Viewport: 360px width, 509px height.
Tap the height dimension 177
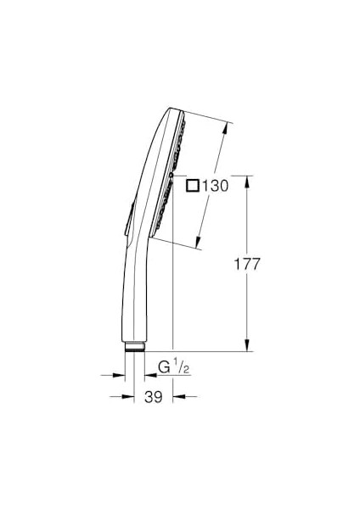pyautogui.click(x=247, y=264)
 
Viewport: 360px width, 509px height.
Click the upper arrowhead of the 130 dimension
pyautogui.click(x=226, y=128)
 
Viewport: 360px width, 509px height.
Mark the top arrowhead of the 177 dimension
pyautogui.click(x=248, y=181)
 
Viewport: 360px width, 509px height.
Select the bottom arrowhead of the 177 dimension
pyautogui.click(x=248, y=345)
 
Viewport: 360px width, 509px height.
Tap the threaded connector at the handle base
pyautogui.click(x=135, y=347)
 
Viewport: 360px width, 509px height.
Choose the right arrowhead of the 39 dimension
pyautogui.click(x=177, y=396)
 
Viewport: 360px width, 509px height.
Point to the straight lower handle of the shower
pyautogui.click(x=136, y=297)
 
